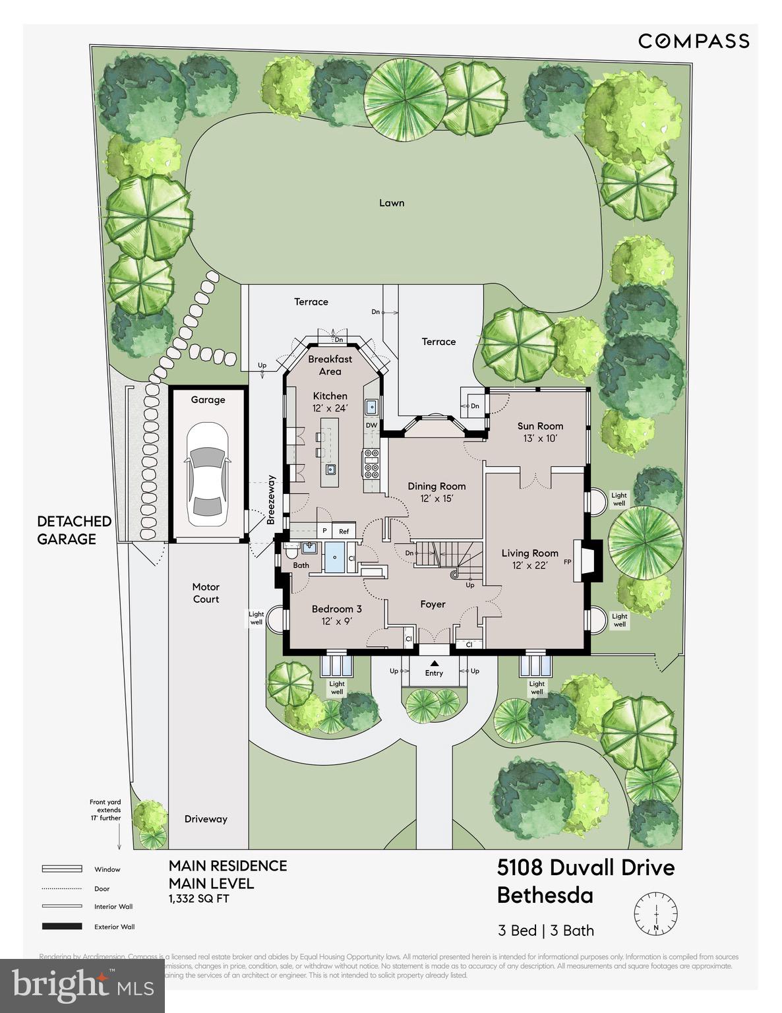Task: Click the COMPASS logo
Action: coord(693,41)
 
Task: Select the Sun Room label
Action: coord(540,426)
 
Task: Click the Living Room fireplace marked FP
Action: coord(586,562)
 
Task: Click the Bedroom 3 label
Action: coord(336,609)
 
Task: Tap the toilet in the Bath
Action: coord(291,553)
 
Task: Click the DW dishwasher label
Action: coord(371,425)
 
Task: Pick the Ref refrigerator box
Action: coord(344,531)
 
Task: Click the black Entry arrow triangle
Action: coord(434,663)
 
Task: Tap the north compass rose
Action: coord(655,913)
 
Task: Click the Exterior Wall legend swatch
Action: coord(62,927)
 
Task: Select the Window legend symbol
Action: coord(62,869)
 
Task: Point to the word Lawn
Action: coord(392,202)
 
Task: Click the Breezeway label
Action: coord(270,499)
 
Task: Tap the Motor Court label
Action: coord(206,593)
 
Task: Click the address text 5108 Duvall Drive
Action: coord(586,867)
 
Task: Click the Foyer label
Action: coord(433,604)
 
